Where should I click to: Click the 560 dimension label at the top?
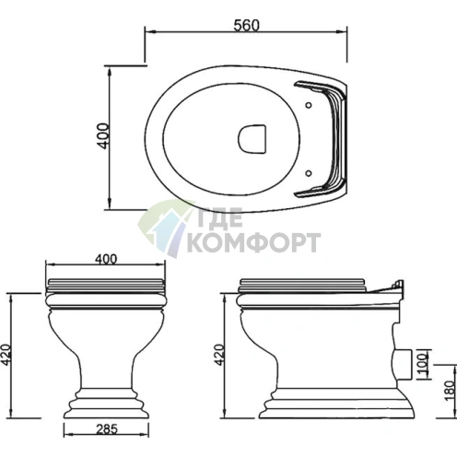(246, 25)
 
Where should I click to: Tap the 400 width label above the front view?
(106, 259)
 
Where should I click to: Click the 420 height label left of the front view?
(6, 355)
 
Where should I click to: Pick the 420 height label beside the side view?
(220, 355)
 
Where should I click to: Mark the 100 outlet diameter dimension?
(424, 365)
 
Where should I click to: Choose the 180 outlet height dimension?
(450, 391)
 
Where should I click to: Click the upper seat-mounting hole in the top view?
(309, 105)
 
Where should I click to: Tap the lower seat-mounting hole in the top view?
(309, 173)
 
